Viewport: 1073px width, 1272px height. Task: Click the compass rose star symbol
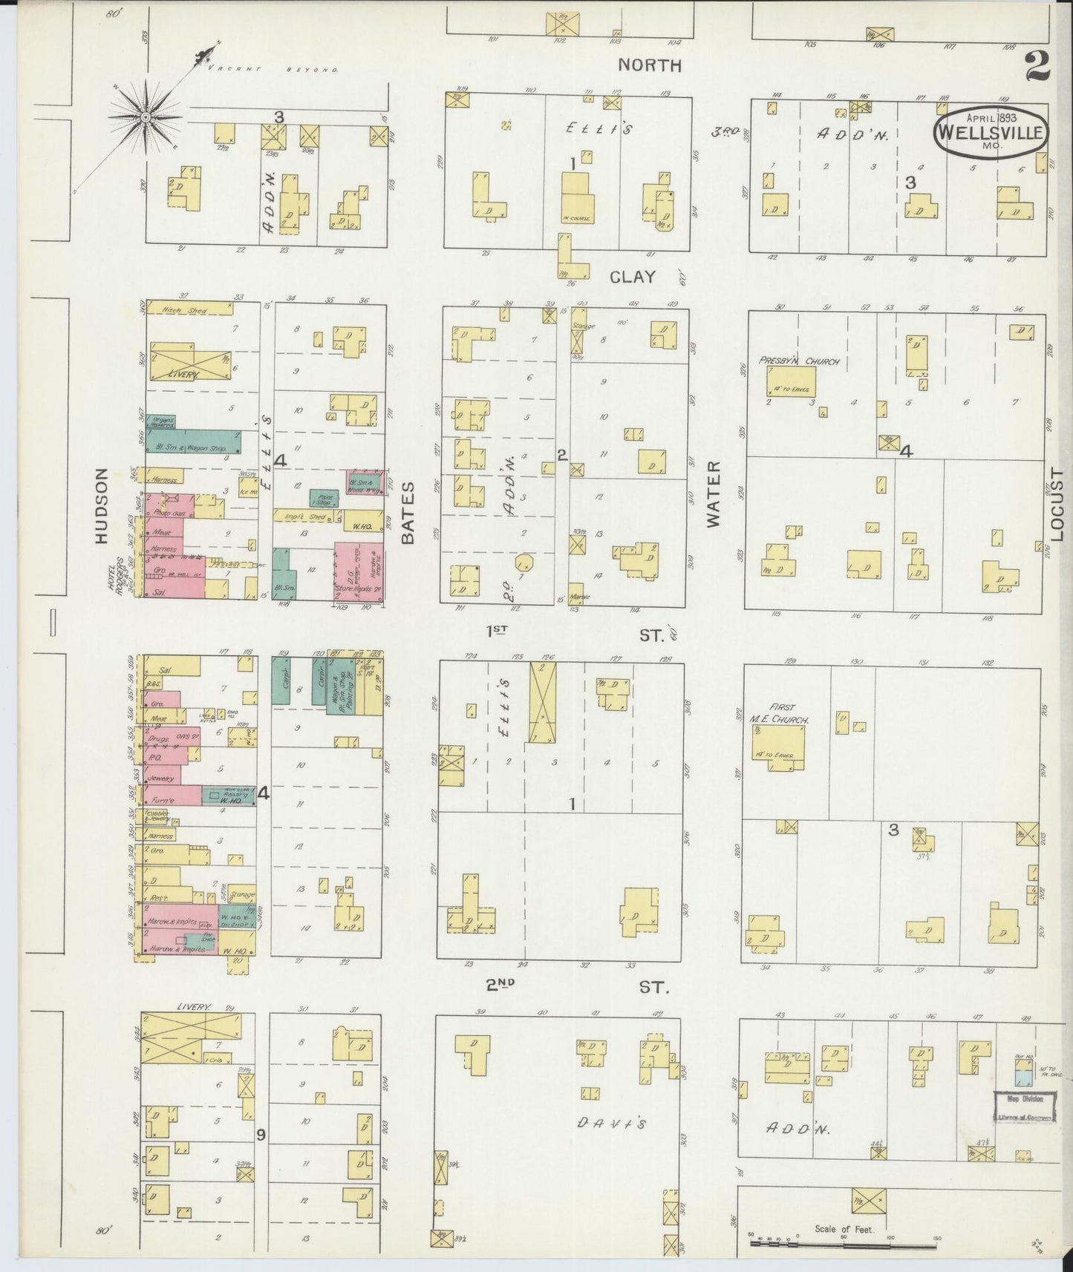(146, 117)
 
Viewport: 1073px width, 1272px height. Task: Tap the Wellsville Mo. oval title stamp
(991, 133)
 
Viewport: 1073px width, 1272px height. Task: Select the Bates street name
(407, 512)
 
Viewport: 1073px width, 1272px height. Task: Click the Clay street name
(633, 277)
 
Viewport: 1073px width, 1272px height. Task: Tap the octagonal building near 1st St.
(524, 560)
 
